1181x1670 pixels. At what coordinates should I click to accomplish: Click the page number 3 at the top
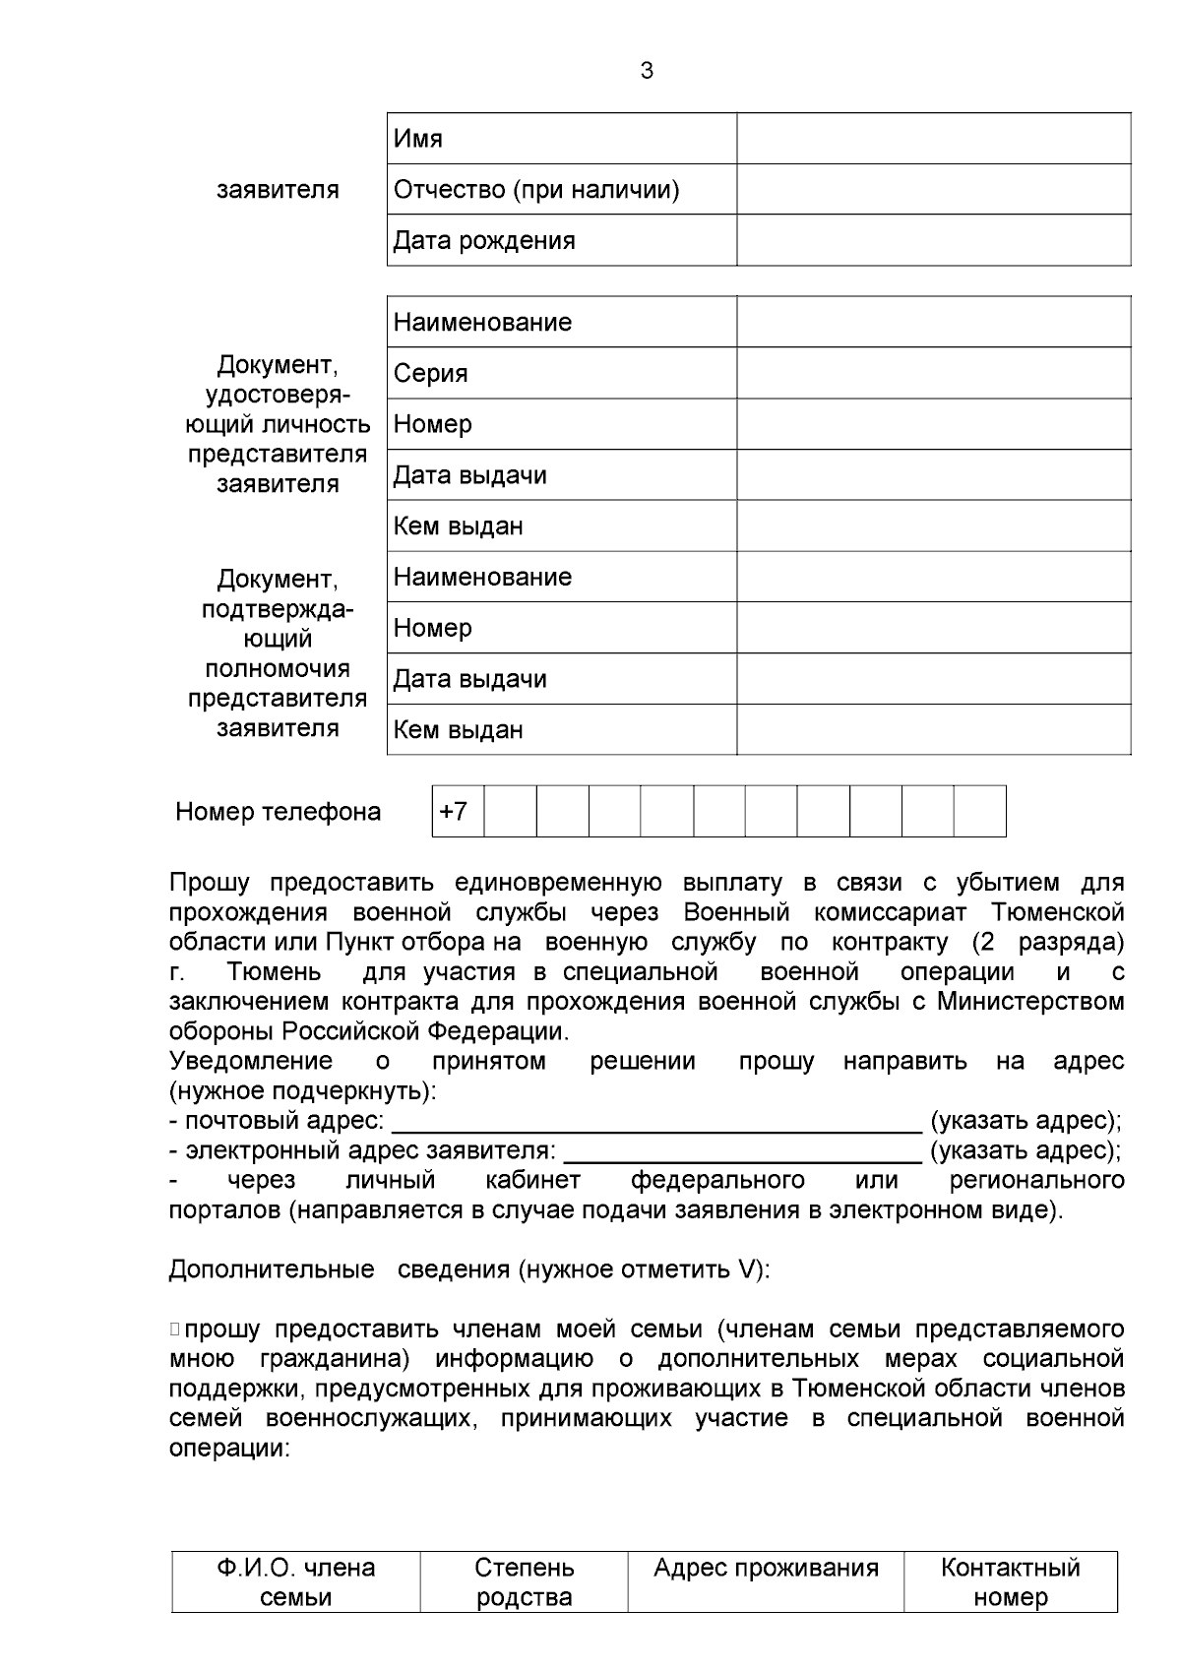tap(647, 71)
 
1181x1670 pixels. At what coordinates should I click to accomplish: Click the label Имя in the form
tap(418, 139)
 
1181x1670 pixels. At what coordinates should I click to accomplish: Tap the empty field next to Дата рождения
tap(933, 240)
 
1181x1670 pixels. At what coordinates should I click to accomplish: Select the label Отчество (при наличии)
tap(536, 189)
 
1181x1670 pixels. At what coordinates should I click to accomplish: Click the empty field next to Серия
tap(933, 373)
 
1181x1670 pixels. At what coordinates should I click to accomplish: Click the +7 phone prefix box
tap(455, 812)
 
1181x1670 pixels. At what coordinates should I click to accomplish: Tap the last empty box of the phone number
tap(980, 812)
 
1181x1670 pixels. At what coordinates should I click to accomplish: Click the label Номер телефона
tap(279, 812)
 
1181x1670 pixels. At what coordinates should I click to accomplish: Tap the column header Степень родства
tap(524, 1581)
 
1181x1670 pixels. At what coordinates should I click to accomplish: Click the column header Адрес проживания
tap(766, 1568)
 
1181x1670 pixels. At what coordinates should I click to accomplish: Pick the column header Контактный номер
tap(1011, 1581)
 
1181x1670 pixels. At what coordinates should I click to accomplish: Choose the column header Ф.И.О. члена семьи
tap(296, 1581)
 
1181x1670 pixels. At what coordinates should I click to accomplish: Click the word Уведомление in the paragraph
tap(251, 1062)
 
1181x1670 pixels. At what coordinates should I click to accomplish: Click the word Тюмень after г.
tap(274, 972)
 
